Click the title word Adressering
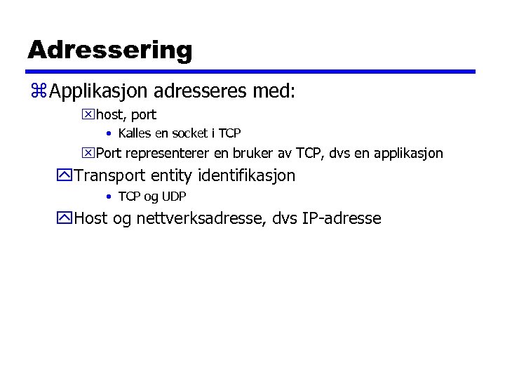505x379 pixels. tap(109, 50)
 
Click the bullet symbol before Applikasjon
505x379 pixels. tap(39, 91)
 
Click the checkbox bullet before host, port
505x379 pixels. tap(88, 114)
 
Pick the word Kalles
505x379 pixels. tap(135, 133)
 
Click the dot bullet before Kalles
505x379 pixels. tap(109, 133)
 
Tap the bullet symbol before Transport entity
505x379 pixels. tap(66, 175)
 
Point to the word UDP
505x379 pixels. tap(174, 197)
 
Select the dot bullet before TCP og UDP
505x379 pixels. tap(109, 197)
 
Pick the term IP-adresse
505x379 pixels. tap(342, 218)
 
